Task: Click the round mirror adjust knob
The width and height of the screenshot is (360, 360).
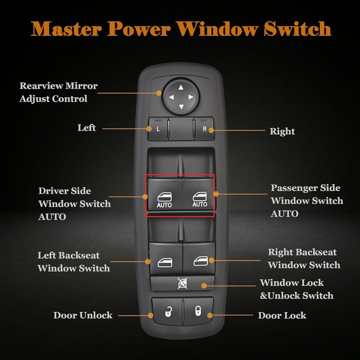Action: pos(180,97)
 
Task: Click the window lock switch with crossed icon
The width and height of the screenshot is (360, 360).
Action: pos(182,284)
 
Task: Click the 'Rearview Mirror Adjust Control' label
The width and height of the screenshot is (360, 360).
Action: pos(58,92)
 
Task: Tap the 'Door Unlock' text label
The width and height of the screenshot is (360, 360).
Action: pos(83,315)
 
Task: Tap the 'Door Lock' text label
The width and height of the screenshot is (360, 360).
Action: pos(282,315)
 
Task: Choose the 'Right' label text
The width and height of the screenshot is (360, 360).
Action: pos(282,131)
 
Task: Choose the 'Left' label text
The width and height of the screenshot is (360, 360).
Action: pos(86,128)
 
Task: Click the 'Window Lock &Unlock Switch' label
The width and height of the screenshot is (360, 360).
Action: pos(297,289)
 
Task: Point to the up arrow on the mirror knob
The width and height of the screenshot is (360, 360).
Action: pos(180,88)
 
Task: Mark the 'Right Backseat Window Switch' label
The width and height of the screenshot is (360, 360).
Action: pos(304,258)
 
